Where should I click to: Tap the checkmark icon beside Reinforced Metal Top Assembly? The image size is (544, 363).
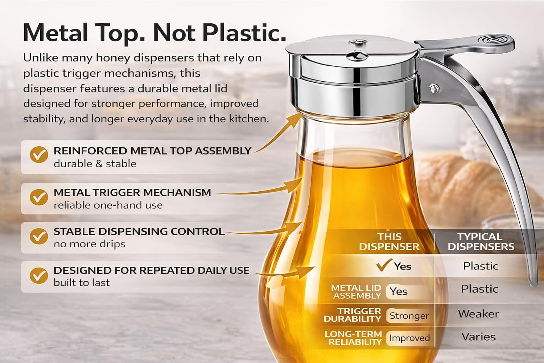tap(38, 155)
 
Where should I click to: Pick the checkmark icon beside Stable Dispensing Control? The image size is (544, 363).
tap(38, 236)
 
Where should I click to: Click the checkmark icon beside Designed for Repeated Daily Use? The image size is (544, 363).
tap(38, 276)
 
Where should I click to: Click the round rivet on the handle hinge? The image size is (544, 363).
tap(433, 88)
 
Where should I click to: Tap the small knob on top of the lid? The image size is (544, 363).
tap(356, 56)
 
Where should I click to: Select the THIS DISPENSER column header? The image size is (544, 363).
tap(389, 242)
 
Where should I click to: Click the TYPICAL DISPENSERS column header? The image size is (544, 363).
tap(481, 242)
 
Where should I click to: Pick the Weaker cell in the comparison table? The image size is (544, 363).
tap(478, 314)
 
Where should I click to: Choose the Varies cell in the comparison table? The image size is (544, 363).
tap(478, 337)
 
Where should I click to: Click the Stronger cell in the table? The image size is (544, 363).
tap(409, 316)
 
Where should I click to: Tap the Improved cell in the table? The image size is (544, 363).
tap(409, 338)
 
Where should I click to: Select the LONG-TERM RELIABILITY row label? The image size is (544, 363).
tap(354, 338)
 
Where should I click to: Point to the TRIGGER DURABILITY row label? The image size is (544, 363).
tap(353, 315)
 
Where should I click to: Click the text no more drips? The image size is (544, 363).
tap(89, 244)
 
